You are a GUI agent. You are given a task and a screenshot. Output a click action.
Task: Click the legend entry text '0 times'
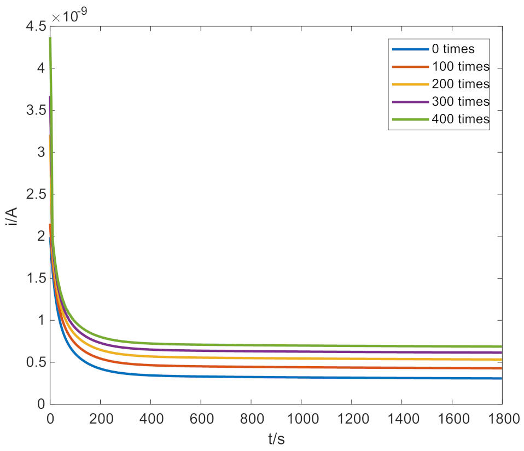click(453, 49)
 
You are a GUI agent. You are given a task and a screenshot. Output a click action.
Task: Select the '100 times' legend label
click(460, 67)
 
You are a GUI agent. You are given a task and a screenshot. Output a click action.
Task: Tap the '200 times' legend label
click(460, 84)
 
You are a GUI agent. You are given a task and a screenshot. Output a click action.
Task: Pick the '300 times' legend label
click(460, 102)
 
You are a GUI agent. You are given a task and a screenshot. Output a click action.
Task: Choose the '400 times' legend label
click(460, 119)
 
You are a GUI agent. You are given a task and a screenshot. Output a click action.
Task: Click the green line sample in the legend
click(410, 119)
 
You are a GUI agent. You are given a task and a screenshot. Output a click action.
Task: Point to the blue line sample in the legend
click(410, 49)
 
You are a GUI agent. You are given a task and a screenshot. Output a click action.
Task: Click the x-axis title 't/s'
click(276, 438)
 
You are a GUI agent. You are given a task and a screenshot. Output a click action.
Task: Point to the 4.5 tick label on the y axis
click(33, 26)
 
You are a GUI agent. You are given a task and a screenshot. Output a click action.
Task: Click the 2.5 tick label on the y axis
click(33, 194)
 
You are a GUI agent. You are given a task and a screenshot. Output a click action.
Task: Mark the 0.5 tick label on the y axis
click(33, 362)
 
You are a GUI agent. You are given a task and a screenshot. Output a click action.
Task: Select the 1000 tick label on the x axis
click(301, 420)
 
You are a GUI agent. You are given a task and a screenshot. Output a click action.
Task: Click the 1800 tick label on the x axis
click(502, 420)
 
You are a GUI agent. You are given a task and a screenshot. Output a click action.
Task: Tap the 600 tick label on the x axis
click(200, 420)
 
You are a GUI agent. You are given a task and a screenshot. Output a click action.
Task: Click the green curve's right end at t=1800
click(501, 346)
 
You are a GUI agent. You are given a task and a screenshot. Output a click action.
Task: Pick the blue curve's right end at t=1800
click(501, 378)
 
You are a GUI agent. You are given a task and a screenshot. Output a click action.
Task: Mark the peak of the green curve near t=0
click(50, 38)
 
